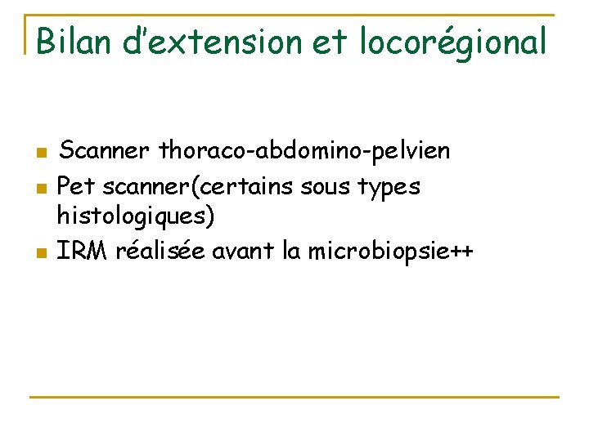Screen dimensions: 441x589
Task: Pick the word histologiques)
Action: pyautogui.click(x=135, y=216)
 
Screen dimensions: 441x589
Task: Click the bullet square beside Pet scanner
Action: pyautogui.click(x=40, y=188)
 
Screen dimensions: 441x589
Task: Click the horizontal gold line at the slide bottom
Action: pyautogui.click(x=294, y=397)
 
